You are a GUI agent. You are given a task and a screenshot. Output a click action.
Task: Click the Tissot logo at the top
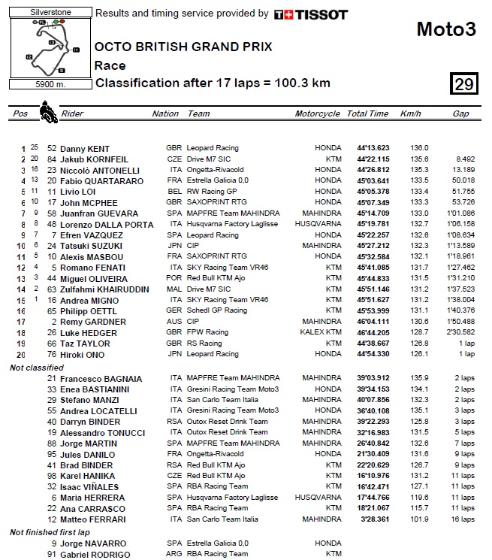pos(311,14)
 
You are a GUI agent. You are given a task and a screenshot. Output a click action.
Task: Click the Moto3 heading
pos(446,30)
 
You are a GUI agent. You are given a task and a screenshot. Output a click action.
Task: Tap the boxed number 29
pos(464,84)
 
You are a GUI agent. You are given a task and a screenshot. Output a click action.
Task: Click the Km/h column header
pos(411,114)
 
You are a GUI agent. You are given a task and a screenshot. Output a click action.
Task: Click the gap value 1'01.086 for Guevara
pos(458,213)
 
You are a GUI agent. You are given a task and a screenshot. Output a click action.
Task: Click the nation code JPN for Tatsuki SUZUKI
pos(174,246)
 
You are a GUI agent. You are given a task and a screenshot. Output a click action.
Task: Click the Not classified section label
pos(37,367)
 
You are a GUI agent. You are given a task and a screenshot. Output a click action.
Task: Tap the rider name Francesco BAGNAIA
pos(98,378)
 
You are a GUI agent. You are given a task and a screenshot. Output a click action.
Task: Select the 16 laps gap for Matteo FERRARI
pos(462,519)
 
